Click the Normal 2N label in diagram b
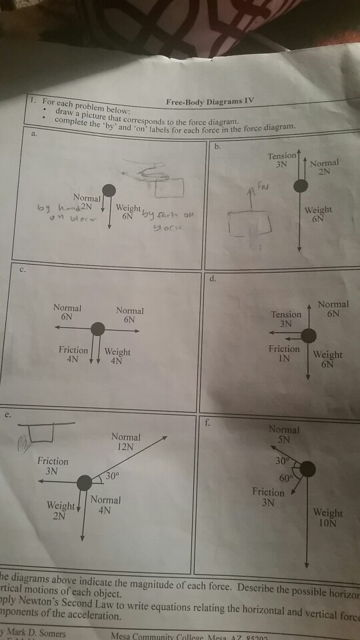coord(325,166)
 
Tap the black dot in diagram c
coord(98,328)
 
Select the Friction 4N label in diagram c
coord(73,354)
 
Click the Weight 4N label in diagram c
coord(117,356)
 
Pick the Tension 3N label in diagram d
coord(286,319)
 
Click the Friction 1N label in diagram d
coord(284,353)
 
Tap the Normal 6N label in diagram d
coord(333,308)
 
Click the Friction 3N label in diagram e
coord(53,465)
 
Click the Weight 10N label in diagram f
coord(328,517)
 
